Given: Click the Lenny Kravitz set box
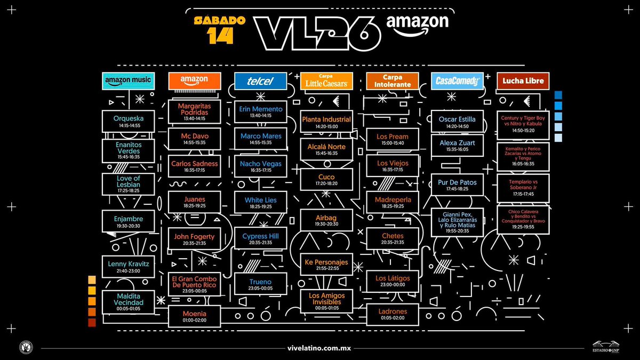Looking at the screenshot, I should [x=128, y=266].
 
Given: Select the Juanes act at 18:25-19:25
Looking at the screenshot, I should [x=195, y=202].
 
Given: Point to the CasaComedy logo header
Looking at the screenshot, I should [x=457, y=81].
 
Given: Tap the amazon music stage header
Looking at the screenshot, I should [x=128, y=81].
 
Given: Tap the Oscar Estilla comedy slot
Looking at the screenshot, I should [x=457, y=122].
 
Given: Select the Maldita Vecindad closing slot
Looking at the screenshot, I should [x=128, y=301].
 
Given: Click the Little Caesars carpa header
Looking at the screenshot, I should [x=326, y=81].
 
